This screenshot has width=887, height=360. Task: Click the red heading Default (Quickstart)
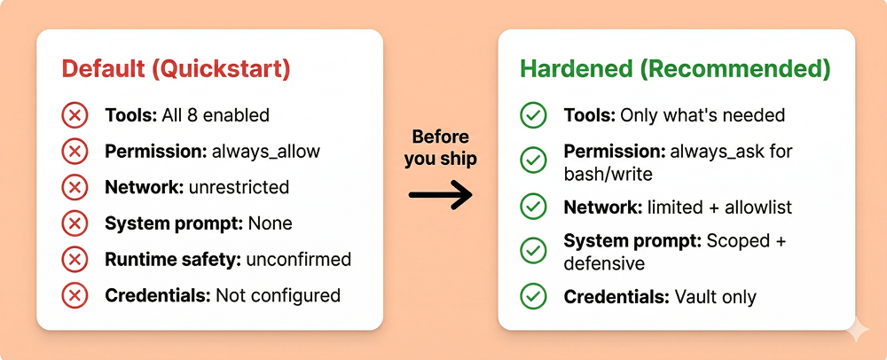176,68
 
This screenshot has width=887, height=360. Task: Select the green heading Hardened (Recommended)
675,68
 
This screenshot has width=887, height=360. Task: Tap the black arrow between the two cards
440,195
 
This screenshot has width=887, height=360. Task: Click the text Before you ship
440,148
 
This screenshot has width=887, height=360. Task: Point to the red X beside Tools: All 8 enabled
75,116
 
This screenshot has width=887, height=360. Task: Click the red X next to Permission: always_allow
75,152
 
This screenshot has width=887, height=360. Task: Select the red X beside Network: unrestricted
75,187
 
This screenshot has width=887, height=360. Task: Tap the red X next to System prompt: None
75,223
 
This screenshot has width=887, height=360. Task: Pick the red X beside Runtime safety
75,260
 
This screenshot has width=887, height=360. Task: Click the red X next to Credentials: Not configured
75,295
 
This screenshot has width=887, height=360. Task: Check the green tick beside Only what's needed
533,116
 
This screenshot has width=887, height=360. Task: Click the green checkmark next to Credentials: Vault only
533,296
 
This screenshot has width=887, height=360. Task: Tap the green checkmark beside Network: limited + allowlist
533,207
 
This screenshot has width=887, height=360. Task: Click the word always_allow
265,152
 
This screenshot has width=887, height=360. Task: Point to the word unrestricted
239,187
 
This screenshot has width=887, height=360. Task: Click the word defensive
604,263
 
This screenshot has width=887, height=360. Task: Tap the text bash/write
608,174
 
